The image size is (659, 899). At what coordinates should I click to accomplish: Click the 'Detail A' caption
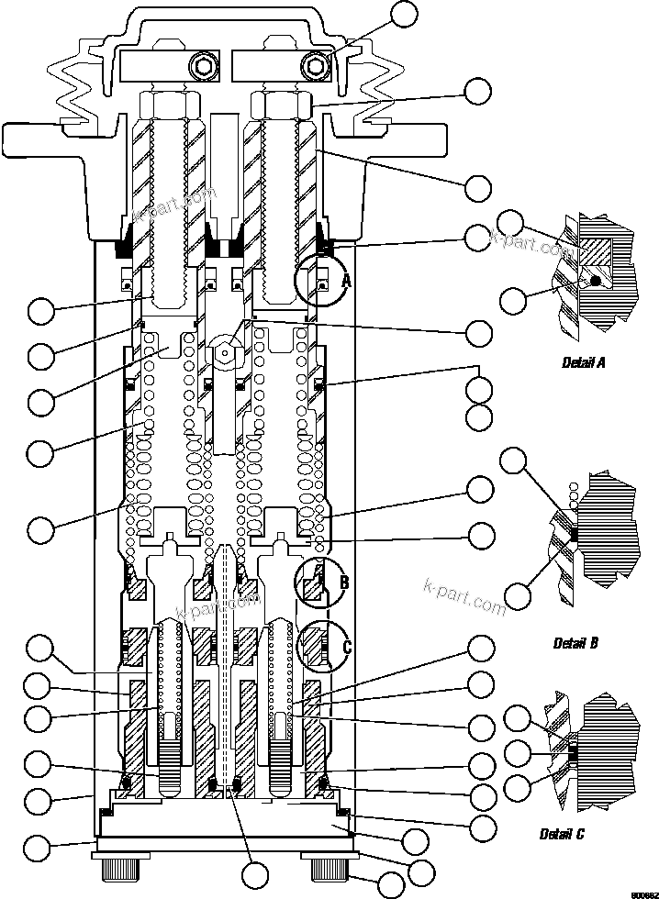tap(583, 362)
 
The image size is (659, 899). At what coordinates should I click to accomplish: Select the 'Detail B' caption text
tap(575, 643)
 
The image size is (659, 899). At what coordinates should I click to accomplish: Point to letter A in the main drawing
tap(346, 283)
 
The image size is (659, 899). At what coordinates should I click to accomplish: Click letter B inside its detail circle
tap(344, 583)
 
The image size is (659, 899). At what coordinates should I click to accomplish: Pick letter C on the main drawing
tap(347, 647)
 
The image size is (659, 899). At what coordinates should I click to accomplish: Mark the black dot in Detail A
tap(596, 279)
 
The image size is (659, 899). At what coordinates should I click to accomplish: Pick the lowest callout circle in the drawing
tap(391, 886)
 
